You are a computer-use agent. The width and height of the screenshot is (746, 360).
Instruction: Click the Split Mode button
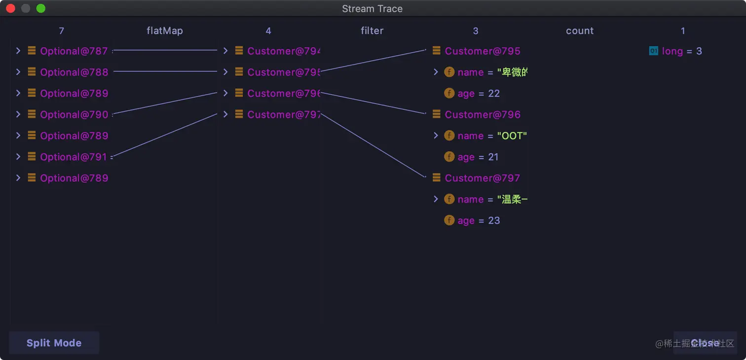[54, 343]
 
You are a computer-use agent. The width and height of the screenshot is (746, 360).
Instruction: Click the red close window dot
[10, 8]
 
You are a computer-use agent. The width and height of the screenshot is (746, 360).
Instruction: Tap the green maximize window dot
[41, 8]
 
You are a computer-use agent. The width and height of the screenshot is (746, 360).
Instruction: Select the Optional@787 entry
[74, 51]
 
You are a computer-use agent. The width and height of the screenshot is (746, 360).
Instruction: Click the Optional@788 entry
[74, 72]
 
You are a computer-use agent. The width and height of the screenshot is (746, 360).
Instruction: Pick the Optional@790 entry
[74, 114]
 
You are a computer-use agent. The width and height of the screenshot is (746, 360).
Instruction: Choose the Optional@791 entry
[74, 157]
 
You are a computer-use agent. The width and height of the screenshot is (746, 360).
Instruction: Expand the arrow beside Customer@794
[225, 51]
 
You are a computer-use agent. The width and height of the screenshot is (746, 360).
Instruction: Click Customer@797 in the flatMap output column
[284, 114]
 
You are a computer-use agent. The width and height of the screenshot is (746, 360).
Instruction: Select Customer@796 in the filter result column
[482, 114]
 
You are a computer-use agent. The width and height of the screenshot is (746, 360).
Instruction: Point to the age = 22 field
[478, 93]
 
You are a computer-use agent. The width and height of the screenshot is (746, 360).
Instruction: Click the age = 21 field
[478, 157]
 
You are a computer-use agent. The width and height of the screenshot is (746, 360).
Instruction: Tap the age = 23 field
[478, 220]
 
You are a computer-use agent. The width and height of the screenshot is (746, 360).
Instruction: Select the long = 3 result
[681, 51]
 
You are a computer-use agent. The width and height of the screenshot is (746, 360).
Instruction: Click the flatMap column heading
[165, 31]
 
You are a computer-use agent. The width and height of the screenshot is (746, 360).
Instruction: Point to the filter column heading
[372, 31]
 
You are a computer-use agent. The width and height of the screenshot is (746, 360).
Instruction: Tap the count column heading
[580, 31]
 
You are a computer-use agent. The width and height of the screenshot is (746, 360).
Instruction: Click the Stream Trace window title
[372, 8]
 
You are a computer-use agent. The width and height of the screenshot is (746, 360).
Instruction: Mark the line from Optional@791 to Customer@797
[165, 135]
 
